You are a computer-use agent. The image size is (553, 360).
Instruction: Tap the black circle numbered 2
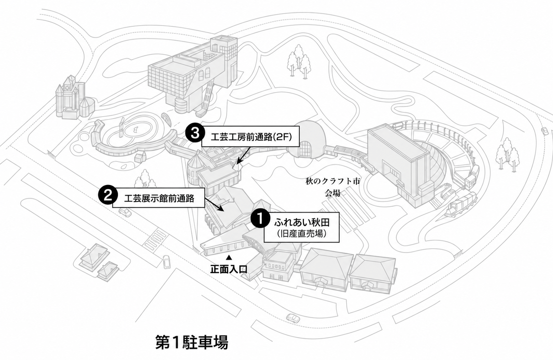point(107,195)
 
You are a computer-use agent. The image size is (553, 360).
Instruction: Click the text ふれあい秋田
point(302,223)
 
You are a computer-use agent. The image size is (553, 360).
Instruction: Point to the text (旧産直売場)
point(302,234)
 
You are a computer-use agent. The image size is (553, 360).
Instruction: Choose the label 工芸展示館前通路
point(159,198)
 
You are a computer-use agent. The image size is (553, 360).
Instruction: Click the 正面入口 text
point(228,269)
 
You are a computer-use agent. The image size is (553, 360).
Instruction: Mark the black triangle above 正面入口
point(229,258)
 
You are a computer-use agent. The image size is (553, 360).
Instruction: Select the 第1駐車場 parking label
point(192,342)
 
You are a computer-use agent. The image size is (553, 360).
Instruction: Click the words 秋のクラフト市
point(332,182)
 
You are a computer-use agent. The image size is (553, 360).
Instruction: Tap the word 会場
point(332,193)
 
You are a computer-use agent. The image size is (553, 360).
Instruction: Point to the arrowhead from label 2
point(221,210)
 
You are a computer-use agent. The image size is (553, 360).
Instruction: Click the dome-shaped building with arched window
point(307,140)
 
